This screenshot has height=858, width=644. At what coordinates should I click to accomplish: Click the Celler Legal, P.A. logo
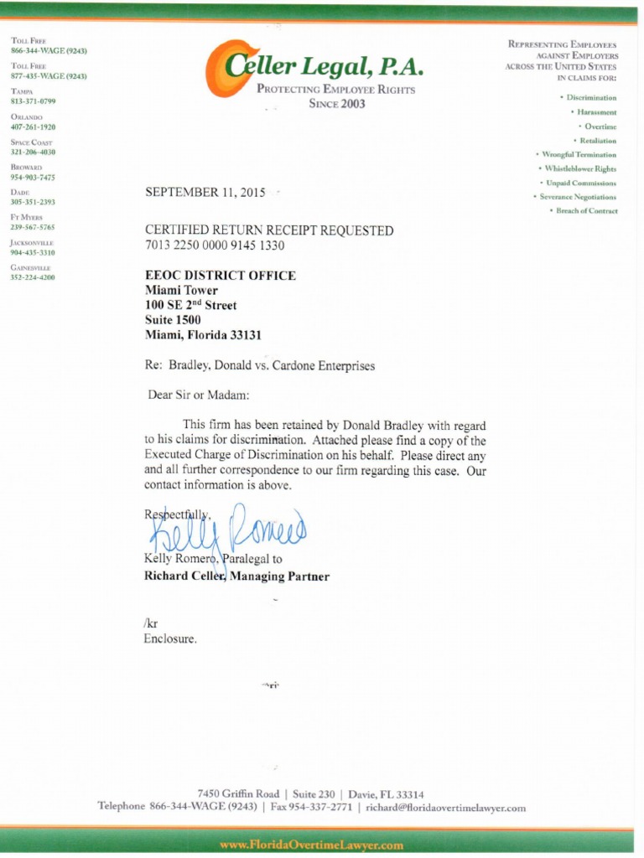click(314, 68)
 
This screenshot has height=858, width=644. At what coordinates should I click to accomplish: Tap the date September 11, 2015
click(205, 192)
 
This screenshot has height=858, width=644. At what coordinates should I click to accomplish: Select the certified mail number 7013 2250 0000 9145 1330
click(215, 246)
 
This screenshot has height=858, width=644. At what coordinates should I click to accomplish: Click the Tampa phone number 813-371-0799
click(33, 101)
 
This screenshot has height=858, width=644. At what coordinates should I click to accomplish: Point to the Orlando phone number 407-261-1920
click(33, 127)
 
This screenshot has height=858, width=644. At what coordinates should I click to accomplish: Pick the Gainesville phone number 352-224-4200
click(33, 277)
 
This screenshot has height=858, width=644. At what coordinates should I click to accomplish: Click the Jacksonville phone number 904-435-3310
click(33, 252)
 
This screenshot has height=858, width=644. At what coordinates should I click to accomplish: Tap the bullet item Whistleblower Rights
click(580, 168)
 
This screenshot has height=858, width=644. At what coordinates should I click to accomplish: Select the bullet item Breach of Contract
click(586, 211)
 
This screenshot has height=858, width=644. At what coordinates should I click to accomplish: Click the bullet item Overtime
click(600, 126)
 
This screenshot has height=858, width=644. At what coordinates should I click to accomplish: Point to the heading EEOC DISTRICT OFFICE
click(220, 276)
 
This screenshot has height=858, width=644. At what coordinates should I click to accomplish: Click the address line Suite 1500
click(173, 320)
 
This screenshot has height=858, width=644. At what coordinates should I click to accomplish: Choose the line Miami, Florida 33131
click(203, 335)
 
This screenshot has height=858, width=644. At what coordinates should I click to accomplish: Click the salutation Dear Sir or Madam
click(199, 395)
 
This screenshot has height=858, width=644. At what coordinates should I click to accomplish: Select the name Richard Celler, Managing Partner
click(236, 576)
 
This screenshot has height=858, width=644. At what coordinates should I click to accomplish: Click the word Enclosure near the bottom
click(171, 638)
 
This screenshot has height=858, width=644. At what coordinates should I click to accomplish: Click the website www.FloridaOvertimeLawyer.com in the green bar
click(311, 845)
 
